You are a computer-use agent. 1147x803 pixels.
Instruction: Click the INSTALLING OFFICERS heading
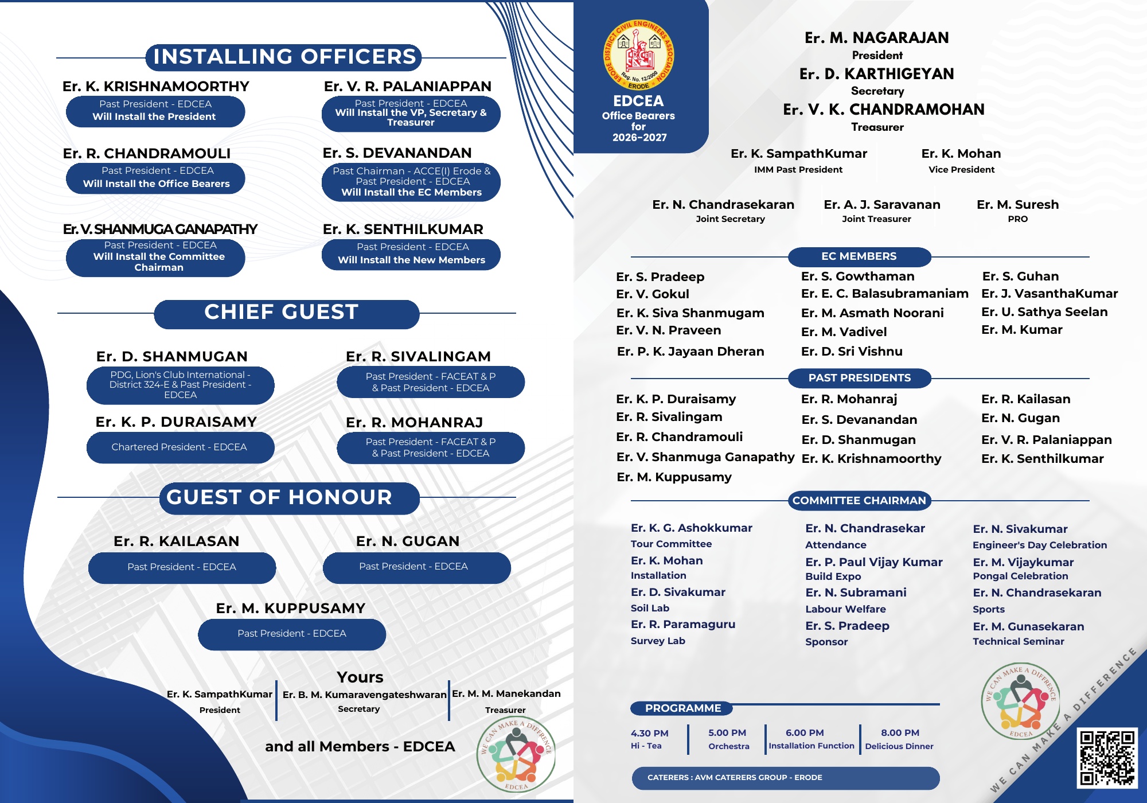[284, 57]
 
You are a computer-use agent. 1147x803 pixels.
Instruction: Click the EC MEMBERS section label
[859, 256]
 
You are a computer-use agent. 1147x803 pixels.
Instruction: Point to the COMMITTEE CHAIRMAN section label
[859, 500]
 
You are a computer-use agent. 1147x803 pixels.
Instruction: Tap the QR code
[1106, 757]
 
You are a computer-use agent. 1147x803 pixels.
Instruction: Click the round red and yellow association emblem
[638, 55]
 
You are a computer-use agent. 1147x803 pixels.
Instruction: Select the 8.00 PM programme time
[900, 732]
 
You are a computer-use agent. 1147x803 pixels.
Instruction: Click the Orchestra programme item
[728, 746]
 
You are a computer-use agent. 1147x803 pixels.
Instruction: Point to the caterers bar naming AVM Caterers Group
[785, 778]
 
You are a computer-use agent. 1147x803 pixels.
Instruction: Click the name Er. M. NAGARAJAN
[876, 38]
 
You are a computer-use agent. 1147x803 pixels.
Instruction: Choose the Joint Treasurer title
[876, 219]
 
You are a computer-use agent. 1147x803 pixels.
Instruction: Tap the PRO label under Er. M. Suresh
[1017, 219]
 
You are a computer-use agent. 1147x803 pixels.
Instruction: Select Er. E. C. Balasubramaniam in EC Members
[884, 294]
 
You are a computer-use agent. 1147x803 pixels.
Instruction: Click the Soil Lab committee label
[650, 608]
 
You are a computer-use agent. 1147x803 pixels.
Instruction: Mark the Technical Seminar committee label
[1018, 641]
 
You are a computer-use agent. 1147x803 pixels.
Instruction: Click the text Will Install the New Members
[411, 260]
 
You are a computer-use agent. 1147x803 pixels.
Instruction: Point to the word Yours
[360, 677]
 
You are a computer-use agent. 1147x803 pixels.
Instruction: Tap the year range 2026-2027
[639, 138]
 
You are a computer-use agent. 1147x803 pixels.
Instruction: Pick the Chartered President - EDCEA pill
[180, 447]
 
